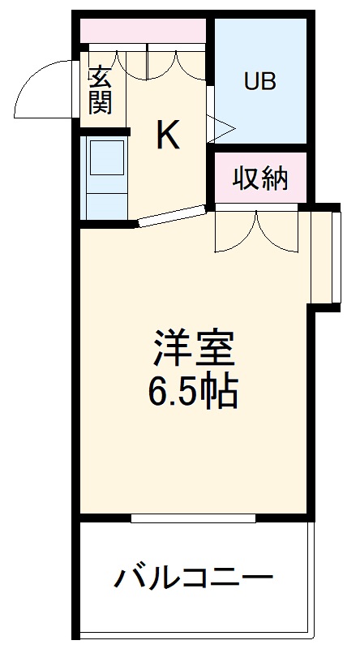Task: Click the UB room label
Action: [x=260, y=81]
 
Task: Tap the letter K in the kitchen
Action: [x=168, y=135]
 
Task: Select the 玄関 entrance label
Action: [x=100, y=90]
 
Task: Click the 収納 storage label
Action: [x=261, y=178]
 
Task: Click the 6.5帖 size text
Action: [x=192, y=393]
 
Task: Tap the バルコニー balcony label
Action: [x=193, y=579]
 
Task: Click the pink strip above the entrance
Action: [x=143, y=31]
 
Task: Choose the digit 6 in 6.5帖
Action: [x=157, y=393]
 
